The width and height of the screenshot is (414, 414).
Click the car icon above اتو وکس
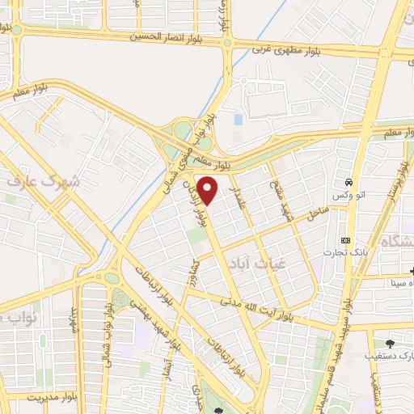pyautogui.click(x=348, y=182)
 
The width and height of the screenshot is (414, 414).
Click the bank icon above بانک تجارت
pyautogui.click(x=346, y=241)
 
